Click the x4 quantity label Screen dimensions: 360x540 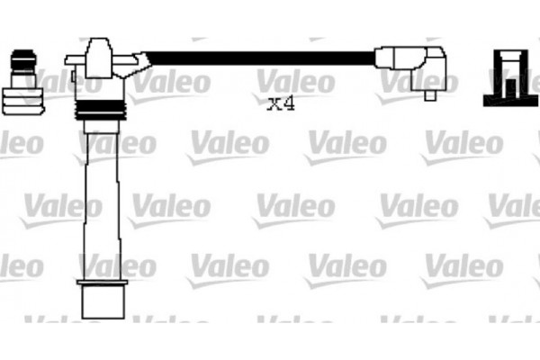pos(281,103)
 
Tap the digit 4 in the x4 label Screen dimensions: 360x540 pos(288,103)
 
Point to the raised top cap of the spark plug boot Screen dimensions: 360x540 pos(99,46)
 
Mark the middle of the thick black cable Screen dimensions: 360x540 pos(261,58)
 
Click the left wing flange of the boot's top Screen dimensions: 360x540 pos(75,59)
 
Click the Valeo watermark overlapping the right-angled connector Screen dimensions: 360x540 pos(416,83)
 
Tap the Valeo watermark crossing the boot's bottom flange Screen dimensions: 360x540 pos(117,266)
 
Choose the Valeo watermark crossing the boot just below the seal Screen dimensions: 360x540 pos(117,143)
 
